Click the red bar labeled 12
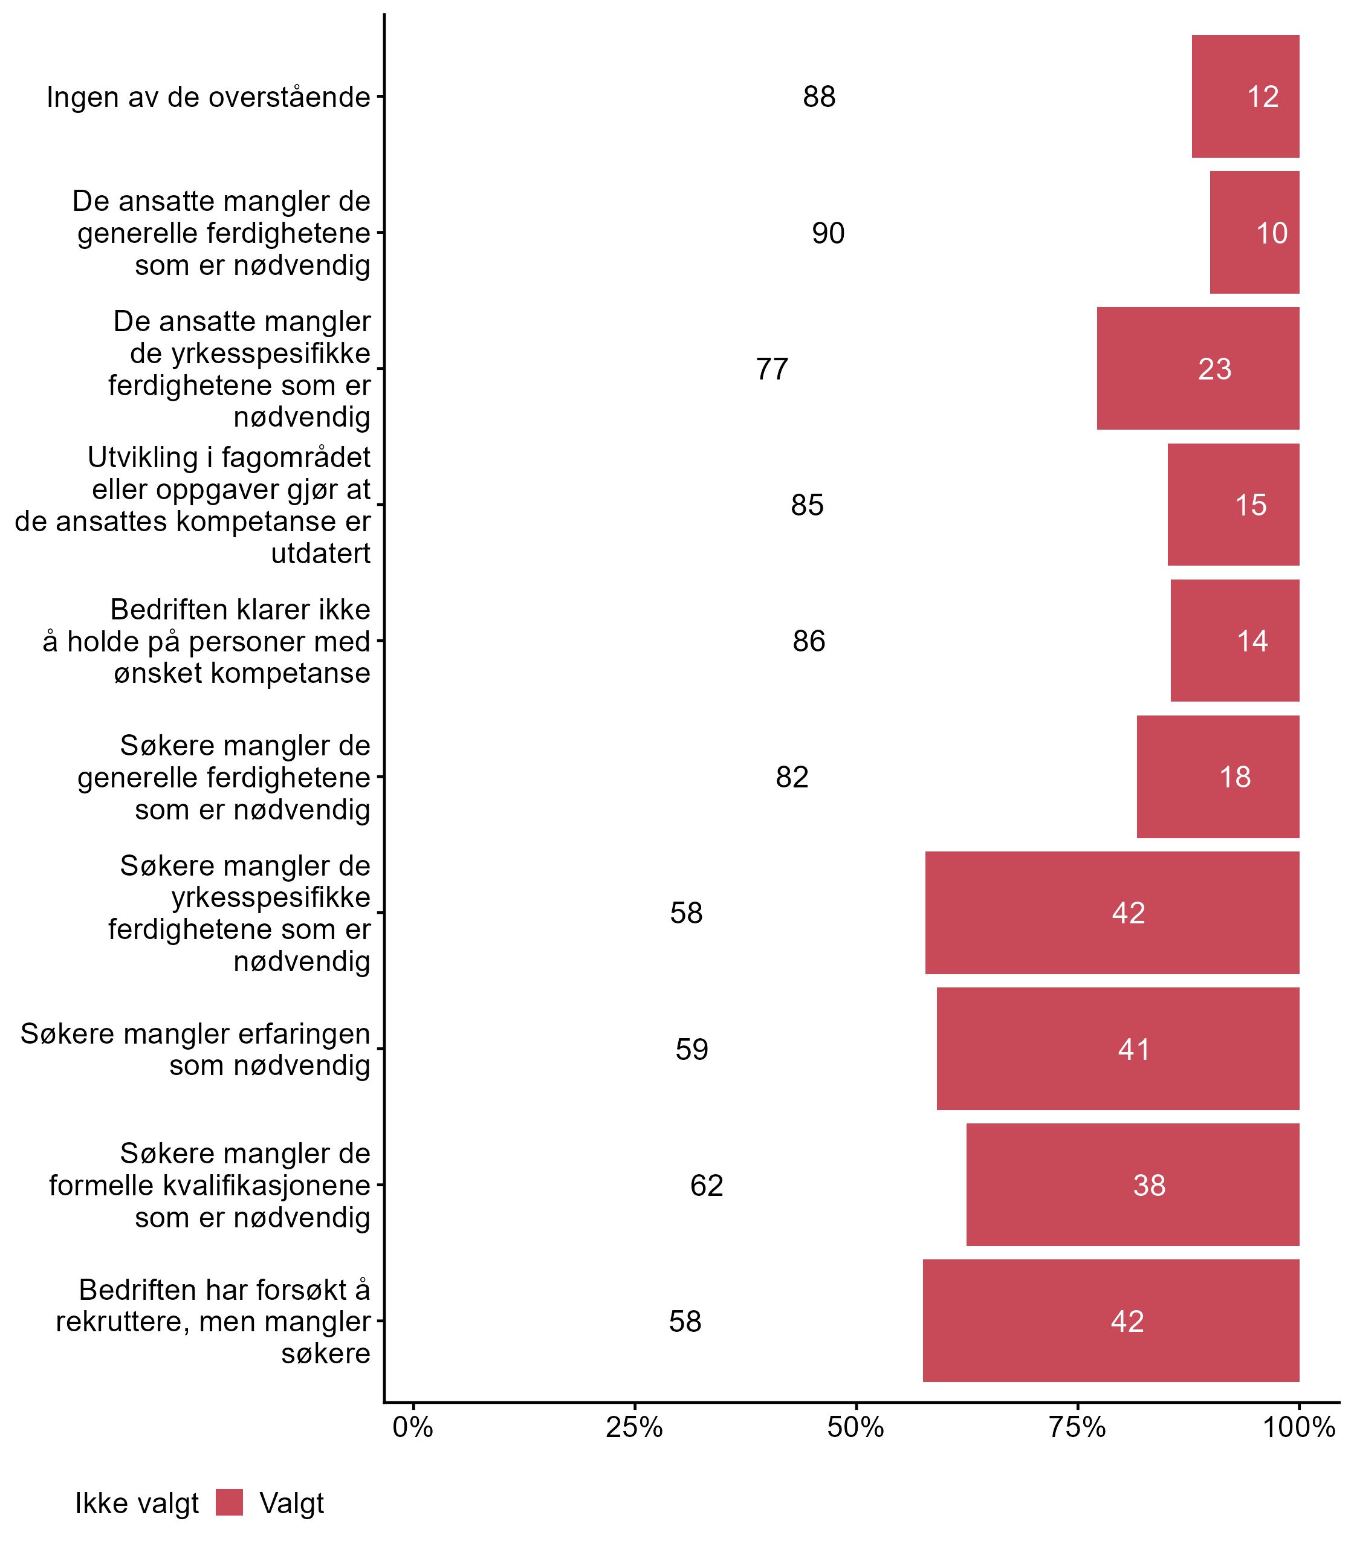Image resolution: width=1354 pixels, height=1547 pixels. click(x=1245, y=97)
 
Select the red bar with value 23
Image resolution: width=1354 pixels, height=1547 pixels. click(x=1197, y=369)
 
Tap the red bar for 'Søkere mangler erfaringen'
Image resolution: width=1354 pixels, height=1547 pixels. click(x=1118, y=1048)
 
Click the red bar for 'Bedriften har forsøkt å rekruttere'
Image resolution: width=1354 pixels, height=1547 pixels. click(x=1111, y=1320)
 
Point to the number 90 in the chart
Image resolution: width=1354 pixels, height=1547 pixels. click(x=828, y=233)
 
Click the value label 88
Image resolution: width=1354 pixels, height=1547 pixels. click(x=819, y=97)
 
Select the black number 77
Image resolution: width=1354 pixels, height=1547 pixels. click(x=771, y=369)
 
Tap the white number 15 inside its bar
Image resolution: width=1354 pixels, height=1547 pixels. click(x=1251, y=505)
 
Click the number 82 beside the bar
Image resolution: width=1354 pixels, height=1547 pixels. click(x=792, y=777)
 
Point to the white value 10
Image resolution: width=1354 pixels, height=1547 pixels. click(x=1272, y=233)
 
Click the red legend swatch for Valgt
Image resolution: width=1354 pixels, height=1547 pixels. click(x=229, y=1502)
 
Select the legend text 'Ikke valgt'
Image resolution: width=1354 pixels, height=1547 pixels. click(x=137, y=1504)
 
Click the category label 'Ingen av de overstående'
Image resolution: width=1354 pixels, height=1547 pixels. click(x=209, y=97)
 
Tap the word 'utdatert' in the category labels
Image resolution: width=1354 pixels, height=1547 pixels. click(x=320, y=554)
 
